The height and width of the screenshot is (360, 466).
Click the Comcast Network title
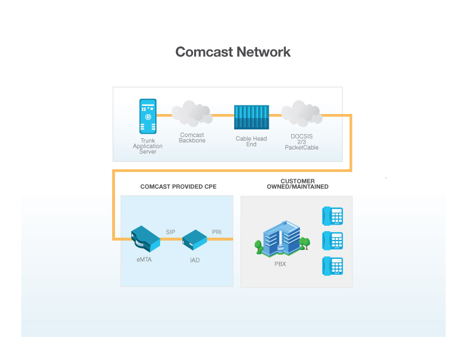coord(233,52)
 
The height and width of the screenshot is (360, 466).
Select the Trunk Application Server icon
coord(148,116)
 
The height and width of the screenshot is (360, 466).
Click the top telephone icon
coord(332,216)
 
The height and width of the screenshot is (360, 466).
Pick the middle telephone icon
coord(332,241)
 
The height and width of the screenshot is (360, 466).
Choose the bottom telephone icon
coord(332,266)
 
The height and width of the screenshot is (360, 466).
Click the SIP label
coord(171,232)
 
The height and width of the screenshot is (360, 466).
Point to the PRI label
coord(217,232)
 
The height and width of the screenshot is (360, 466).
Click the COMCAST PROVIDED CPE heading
coord(178,186)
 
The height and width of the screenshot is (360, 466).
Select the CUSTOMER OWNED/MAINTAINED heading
coord(297,184)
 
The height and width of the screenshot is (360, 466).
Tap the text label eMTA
coord(144,259)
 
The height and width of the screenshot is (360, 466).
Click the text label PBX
coord(280,264)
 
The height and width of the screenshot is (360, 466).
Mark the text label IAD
coord(195,260)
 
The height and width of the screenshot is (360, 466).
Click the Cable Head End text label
coord(251,142)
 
